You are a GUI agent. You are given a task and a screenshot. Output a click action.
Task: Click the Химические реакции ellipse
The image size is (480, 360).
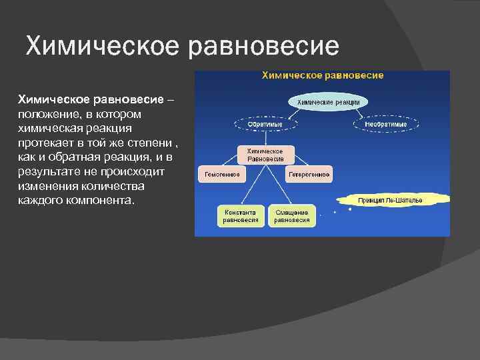(x=328, y=102)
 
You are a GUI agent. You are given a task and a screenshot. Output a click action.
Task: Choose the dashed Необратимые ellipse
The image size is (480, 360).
(x=391, y=124)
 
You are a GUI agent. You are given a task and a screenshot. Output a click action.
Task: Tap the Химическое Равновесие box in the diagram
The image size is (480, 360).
(x=265, y=155)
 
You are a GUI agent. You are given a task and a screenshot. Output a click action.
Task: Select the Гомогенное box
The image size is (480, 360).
(x=220, y=175)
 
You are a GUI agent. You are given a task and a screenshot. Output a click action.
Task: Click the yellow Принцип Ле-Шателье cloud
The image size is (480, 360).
(x=393, y=199)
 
